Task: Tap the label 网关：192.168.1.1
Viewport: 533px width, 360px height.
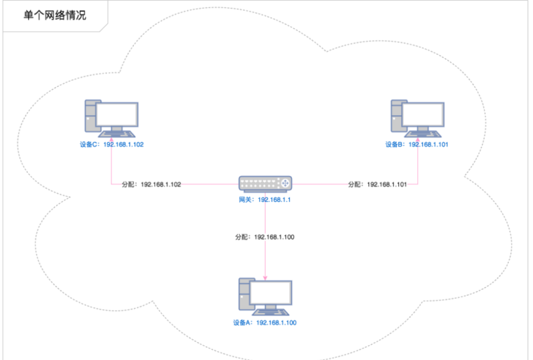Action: (x=266, y=200)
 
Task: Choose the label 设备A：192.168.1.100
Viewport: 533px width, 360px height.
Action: (x=265, y=323)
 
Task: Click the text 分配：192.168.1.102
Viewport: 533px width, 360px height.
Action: (x=151, y=184)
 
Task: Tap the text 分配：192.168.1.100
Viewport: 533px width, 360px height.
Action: (x=265, y=238)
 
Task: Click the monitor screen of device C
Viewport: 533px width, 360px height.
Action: (x=117, y=114)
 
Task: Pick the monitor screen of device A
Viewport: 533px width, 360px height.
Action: (x=271, y=292)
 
